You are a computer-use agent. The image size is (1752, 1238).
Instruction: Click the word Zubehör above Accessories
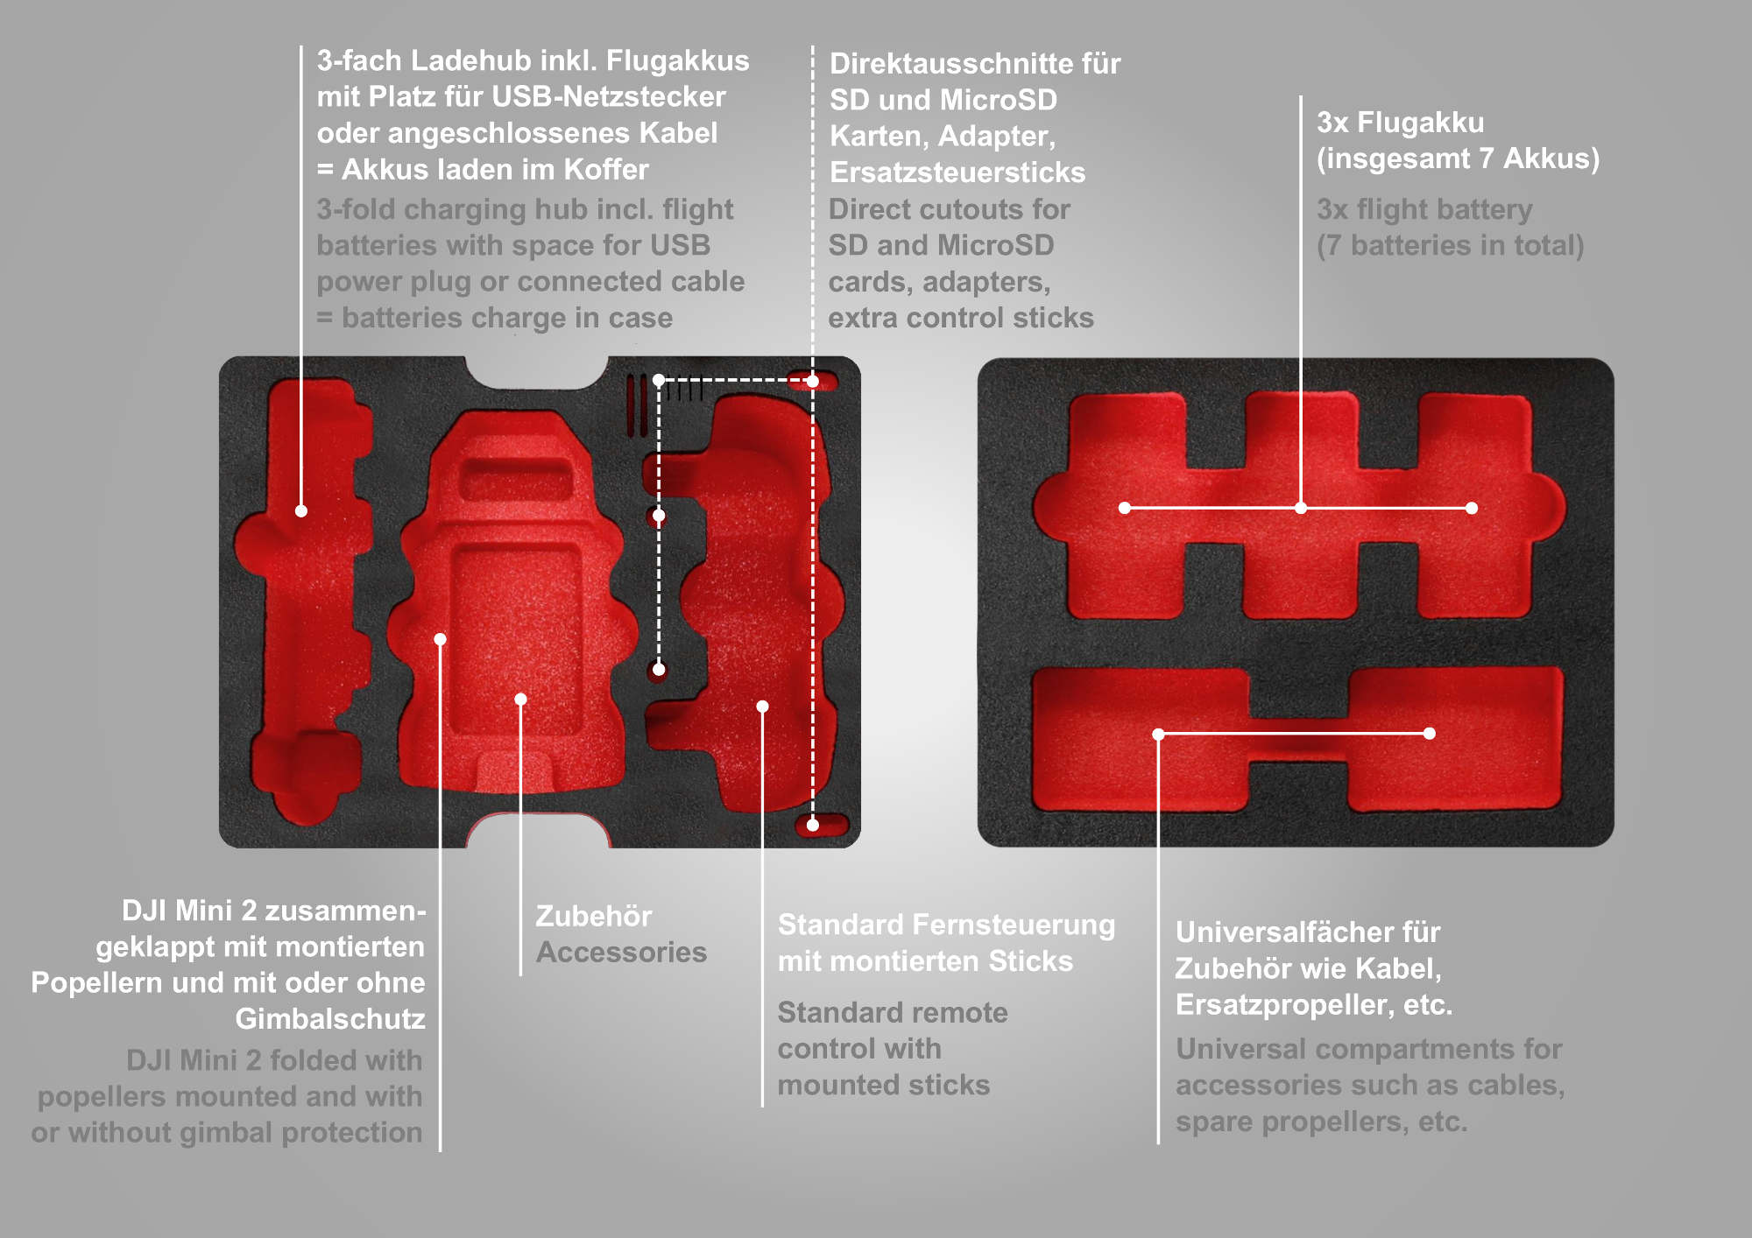point(594,916)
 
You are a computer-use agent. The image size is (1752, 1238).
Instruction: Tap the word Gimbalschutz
point(330,1018)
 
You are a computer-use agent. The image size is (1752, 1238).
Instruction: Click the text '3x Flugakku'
point(1401,123)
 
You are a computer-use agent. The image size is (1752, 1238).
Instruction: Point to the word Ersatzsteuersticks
point(957,172)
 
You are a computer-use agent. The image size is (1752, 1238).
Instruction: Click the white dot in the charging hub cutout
point(301,510)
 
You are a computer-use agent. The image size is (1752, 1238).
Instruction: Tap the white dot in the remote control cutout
point(763,706)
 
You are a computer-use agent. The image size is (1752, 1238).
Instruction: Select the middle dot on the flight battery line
point(1301,508)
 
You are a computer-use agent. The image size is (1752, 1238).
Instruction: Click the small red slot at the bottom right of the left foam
point(822,825)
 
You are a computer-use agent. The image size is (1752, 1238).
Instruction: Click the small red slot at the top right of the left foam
point(812,380)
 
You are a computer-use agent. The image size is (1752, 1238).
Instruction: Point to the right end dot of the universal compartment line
point(1430,734)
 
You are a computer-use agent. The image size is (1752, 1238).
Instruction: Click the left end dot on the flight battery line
point(1125,508)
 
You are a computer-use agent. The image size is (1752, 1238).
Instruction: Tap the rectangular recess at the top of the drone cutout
point(517,479)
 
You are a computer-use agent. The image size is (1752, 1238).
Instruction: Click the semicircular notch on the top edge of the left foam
point(536,371)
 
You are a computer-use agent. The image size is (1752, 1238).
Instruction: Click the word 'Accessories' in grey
point(621,952)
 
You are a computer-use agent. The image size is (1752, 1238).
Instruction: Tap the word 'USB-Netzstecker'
point(609,96)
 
